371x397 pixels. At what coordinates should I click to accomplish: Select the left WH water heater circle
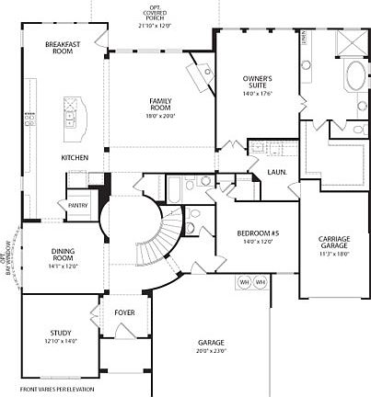coord(245,281)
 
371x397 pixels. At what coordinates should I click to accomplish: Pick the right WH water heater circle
coord(261,281)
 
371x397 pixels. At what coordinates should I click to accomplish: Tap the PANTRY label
coord(78,205)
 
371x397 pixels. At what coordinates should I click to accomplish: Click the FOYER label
coord(124,312)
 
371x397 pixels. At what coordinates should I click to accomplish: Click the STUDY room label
coord(61,332)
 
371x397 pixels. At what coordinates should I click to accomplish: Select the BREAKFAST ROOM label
coord(64,47)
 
